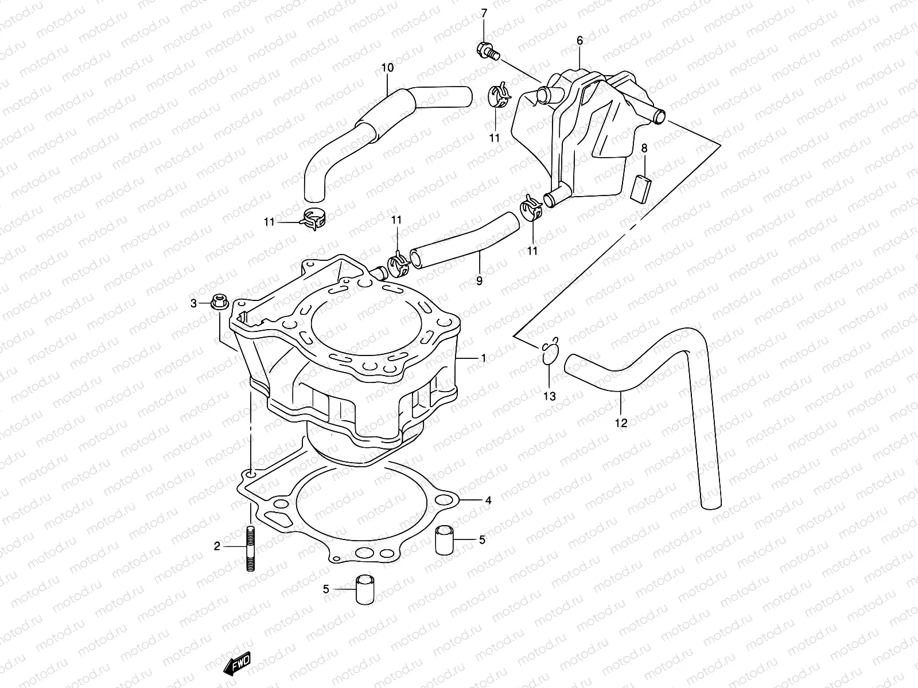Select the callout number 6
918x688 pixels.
(x=579, y=41)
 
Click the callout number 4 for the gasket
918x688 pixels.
(x=488, y=501)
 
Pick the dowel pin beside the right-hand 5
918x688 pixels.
(x=445, y=540)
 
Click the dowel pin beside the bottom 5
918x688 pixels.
(x=363, y=589)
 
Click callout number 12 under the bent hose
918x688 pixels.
(x=621, y=424)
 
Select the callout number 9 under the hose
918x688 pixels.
(x=479, y=281)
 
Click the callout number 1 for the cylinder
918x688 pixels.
(x=483, y=358)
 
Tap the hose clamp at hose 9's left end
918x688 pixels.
(x=399, y=262)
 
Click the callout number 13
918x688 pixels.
(x=550, y=396)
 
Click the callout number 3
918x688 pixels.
(x=194, y=303)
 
